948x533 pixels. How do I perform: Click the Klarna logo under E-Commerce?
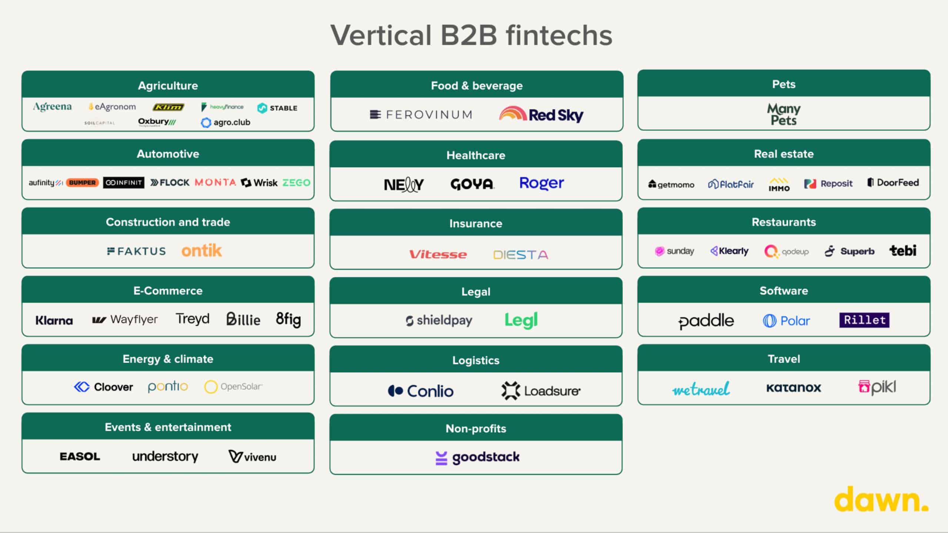pyautogui.click(x=54, y=320)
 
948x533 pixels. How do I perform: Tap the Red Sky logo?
pyautogui.click(x=541, y=114)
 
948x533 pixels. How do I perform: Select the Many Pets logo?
pyautogui.click(x=784, y=114)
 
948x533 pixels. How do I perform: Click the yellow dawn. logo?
pyautogui.click(x=881, y=499)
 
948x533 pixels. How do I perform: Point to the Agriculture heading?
pyautogui.click(x=168, y=86)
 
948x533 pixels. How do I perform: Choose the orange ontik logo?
pyautogui.click(x=201, y=251)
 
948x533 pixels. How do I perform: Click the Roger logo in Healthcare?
pyautogui.click(x=541, y=183)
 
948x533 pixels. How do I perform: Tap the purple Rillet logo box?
pyautogui.click(x=864, y=320)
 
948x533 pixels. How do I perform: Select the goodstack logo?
pyautogui.click(x=478, y=457)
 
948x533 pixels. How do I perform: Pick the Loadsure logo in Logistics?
pyautogui.click(x=541, y=391)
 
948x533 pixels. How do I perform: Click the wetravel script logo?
pyautogui.click(x=701, y=389)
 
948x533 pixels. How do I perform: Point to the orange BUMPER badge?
pyautogui.click(x=82, y=182)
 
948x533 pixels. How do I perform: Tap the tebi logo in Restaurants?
pyautogui.click(x=903, y=251)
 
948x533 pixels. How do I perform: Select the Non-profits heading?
pyautogui.click(x=476, y=428)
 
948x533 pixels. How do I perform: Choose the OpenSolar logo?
pyautogui.click(x=234, y=387)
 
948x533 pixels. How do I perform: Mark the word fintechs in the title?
pyautogui.click(x=559, y=36)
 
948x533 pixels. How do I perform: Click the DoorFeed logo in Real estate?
pyautogui.click(x=893, y=182)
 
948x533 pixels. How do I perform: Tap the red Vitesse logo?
pyautogui.click(x=438, y=254)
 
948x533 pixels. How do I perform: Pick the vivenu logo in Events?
pyautogui.click(x=252, y=457)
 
